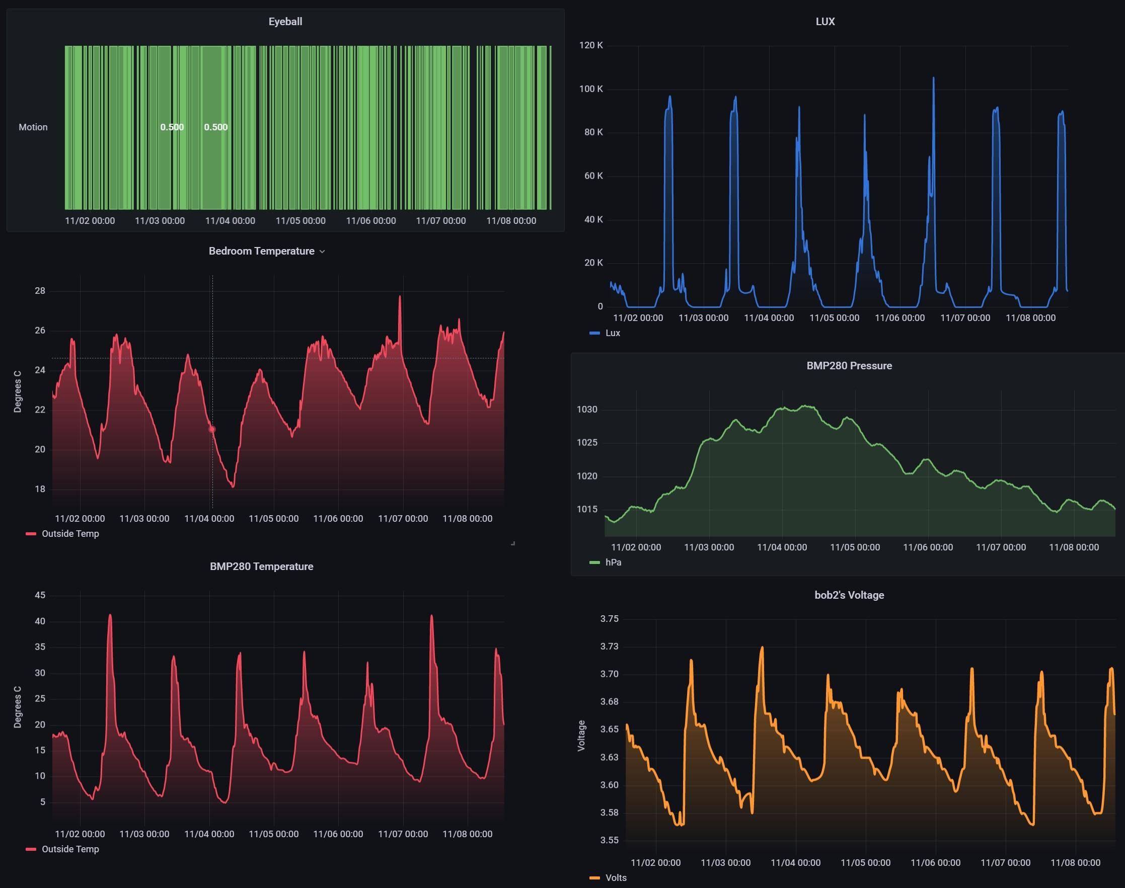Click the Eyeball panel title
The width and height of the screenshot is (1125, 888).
click(x=285, y=22)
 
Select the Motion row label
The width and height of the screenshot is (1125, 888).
click(x=33, y=127)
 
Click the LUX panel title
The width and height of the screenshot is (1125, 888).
click(x=825, y=22)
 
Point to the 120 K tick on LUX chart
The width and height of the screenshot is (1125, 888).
click(x=591, y=45)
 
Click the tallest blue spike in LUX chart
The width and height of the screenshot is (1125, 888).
click(x=933, y=78)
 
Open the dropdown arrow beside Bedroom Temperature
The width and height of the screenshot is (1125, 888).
click(x=323, y=252)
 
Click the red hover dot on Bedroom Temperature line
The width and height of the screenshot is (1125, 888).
click(x=212, y=430)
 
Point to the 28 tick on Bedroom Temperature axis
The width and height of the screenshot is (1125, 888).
click(x=40, y=291)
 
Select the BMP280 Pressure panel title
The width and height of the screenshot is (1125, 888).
click(x=849, y=366)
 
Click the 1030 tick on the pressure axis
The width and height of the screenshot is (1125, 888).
click(x=587, y=410)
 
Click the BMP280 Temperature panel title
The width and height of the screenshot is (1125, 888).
click(x=261, y=567)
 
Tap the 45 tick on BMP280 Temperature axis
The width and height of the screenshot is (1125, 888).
click(x=40, y=595)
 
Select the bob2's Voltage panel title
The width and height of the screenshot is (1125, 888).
click(x=849, y=595)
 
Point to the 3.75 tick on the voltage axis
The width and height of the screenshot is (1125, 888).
click(x=609, y=619)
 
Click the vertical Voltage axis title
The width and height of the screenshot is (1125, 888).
click(x=581, y=736)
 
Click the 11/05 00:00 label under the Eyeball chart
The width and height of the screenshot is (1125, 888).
click(x=300, y=221)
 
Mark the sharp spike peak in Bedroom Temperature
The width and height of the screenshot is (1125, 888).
click(x=400, y=297)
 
